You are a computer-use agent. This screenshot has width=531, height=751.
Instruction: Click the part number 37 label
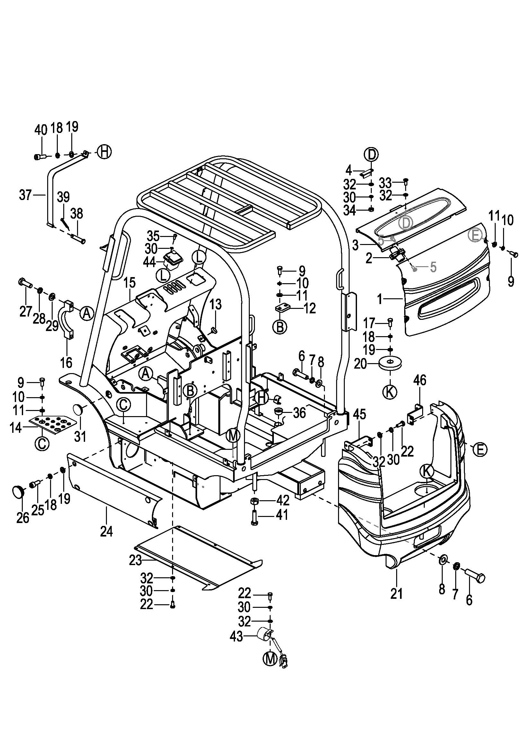(25, 195)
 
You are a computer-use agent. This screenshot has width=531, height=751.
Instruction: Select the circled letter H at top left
(104, 152)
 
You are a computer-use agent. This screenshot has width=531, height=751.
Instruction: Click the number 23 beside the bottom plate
(135, 561)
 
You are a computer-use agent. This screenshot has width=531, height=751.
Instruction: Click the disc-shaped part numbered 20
(390, 363)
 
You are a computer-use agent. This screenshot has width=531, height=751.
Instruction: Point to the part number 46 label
(420, 380)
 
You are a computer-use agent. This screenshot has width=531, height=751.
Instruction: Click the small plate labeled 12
(282, 308)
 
